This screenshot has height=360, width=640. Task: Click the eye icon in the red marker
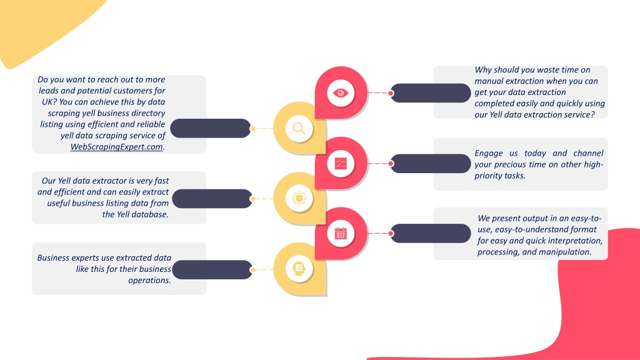click(341, 93)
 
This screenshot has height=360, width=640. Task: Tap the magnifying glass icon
click(299, 129)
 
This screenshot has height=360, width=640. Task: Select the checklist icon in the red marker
click(341, 163)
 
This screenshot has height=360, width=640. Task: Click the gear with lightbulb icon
click(299, 198)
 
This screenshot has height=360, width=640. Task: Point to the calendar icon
click(341, 234)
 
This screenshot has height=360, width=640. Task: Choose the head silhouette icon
click(299, 269)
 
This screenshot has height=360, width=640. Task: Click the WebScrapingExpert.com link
click(116, 146)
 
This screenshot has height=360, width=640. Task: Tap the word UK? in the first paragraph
click(49, 102)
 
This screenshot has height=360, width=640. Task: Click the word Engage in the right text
click(489, 153)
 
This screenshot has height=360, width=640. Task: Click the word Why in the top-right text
click(483, 70)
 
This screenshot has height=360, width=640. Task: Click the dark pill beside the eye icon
click(431, 93)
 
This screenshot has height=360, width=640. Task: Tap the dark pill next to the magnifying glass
click(211, 129)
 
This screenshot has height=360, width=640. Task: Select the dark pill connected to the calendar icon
click(431, 234)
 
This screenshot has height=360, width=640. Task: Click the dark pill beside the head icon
click(212, 270)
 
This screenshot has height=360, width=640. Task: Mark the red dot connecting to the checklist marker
click(391, 164)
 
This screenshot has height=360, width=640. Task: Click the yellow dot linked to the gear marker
click(252, 199)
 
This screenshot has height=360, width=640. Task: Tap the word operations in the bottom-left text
click(149, 281)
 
